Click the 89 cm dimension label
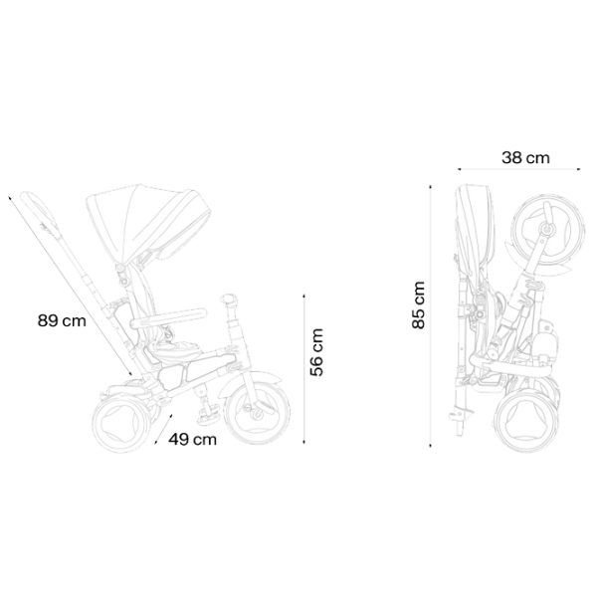coord(62,320)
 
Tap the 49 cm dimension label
coord(193,440)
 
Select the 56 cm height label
coord(316,352)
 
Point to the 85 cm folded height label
coord(418,305)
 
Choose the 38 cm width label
coord(525,157)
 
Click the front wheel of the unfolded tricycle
coord(257,413)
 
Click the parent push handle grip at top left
coord(39,212)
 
